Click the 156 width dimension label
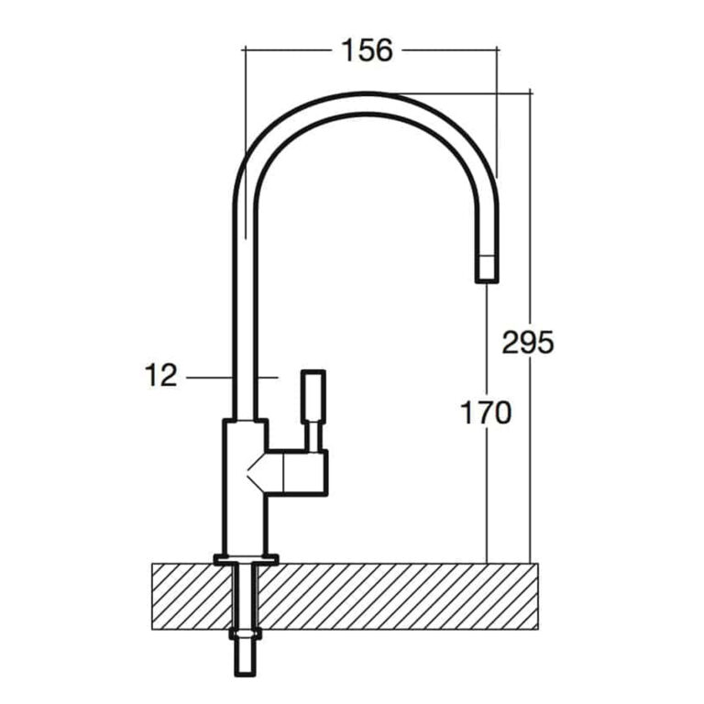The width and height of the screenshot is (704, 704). click(x=367, y=49)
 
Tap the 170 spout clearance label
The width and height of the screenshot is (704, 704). click(x=486, y=412)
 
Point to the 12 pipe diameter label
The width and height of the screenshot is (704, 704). click(x=160, y=375)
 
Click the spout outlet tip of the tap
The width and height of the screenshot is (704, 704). click(x=487, y=269)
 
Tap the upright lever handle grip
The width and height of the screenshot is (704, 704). click(x=313, y=396)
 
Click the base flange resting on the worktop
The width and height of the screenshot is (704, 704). click(x=246, y=560)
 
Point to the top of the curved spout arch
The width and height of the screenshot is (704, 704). click(x=366, y=94)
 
